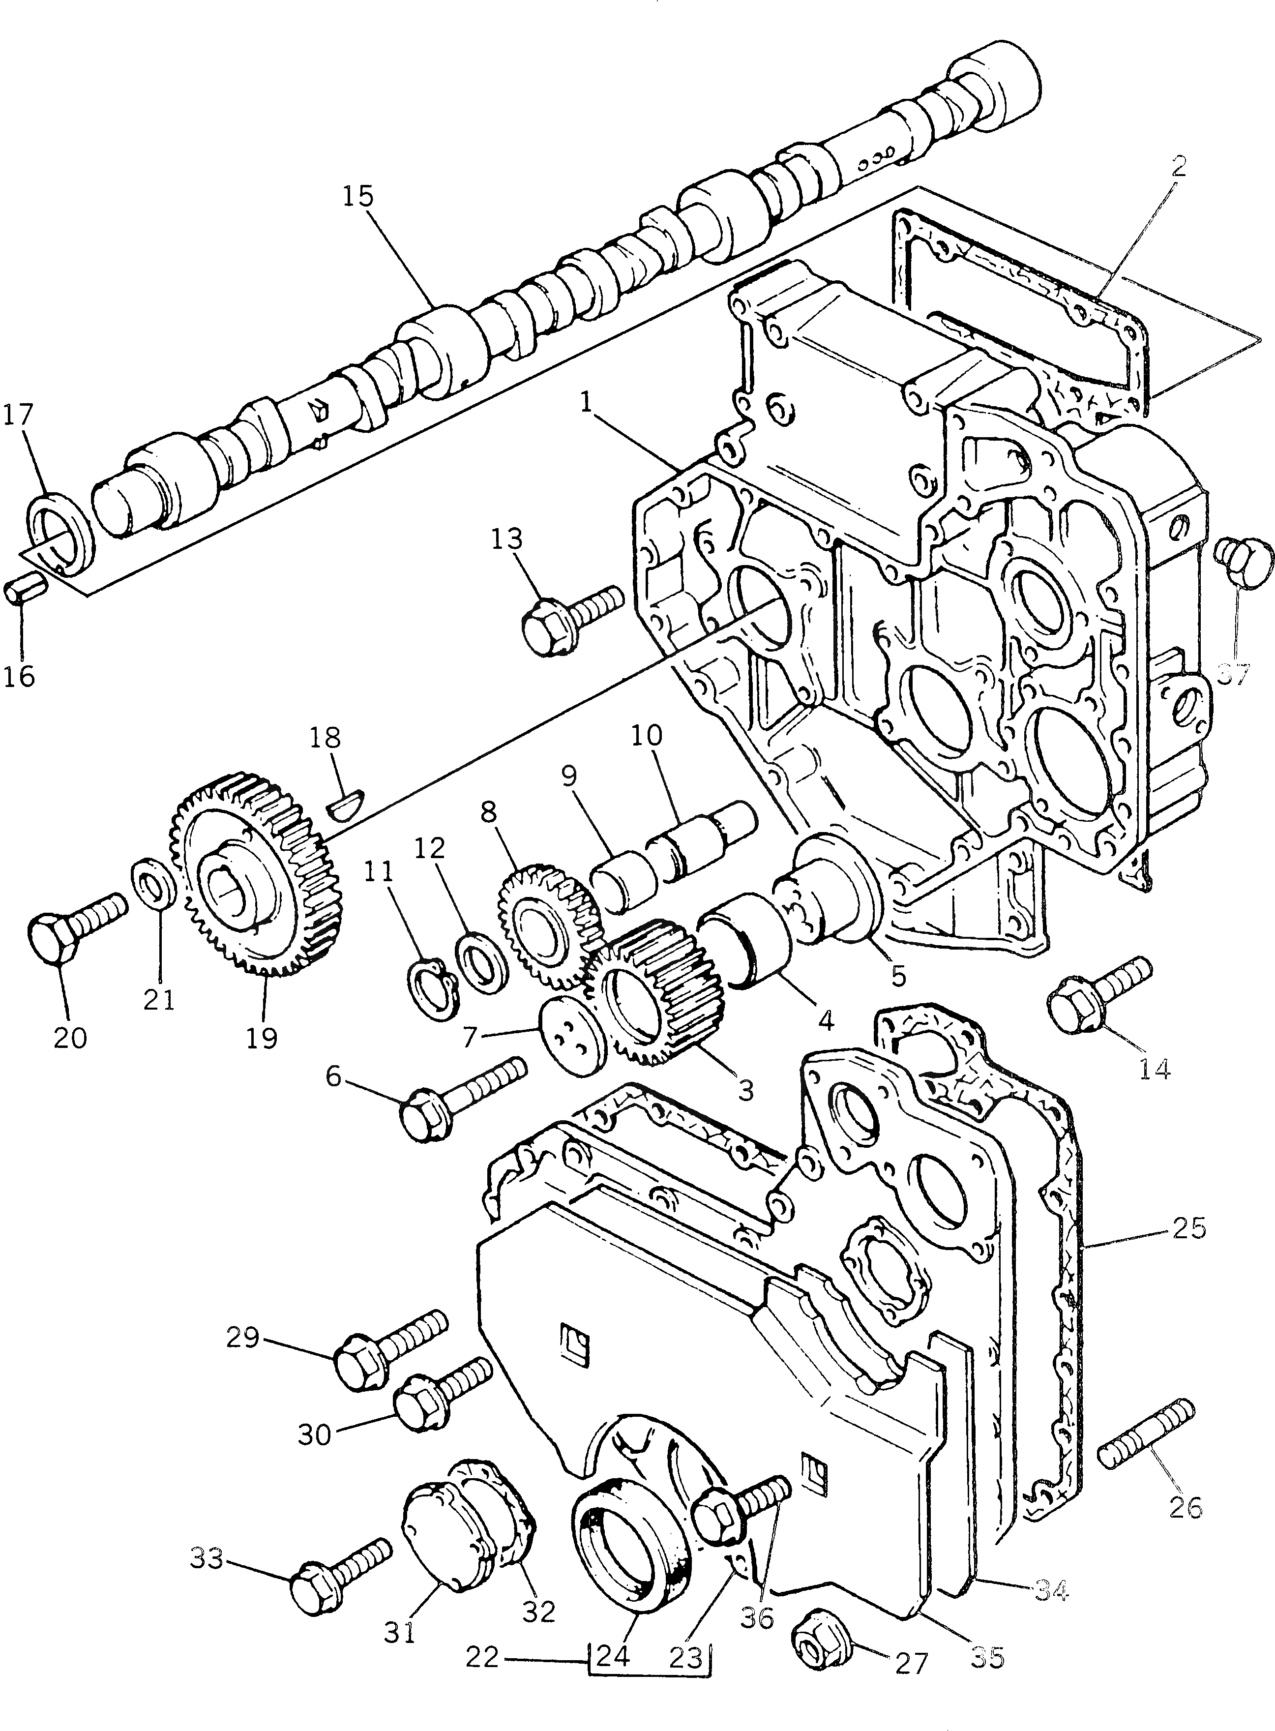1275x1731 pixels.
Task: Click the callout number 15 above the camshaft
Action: (x=358, y=197)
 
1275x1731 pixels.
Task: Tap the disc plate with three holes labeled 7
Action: (x=572, y=1036)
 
